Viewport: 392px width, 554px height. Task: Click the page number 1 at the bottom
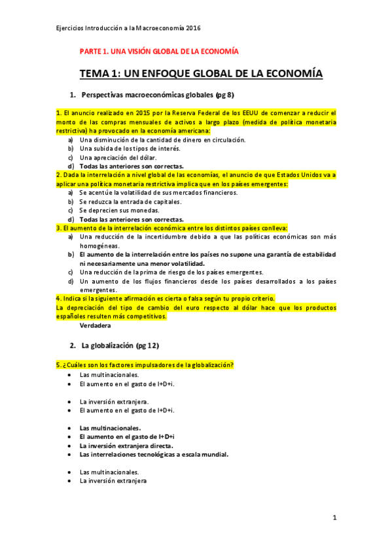click(334, 518)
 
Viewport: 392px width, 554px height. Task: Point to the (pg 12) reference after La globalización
click(147, 345)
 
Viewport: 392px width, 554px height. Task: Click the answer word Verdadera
click(95, 325)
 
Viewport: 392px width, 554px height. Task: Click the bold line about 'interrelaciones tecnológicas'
click(154, 453)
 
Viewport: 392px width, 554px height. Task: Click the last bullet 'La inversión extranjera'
click(113, 480)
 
